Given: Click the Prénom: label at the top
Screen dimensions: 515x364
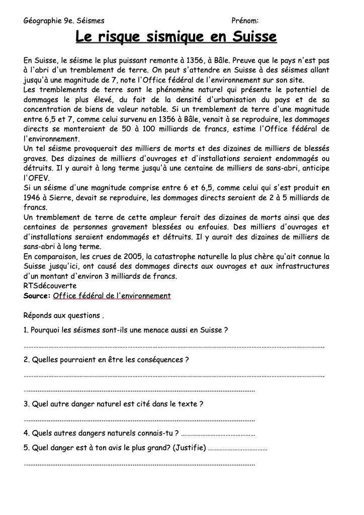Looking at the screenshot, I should coord(245,21).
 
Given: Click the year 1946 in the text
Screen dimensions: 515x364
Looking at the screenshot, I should coord(33,198).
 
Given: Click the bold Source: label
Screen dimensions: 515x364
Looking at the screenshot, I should coord(37,296).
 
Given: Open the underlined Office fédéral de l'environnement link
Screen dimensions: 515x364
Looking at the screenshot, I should coord(112,296).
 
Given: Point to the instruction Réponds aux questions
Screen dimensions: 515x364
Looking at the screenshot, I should coord(63,316).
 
